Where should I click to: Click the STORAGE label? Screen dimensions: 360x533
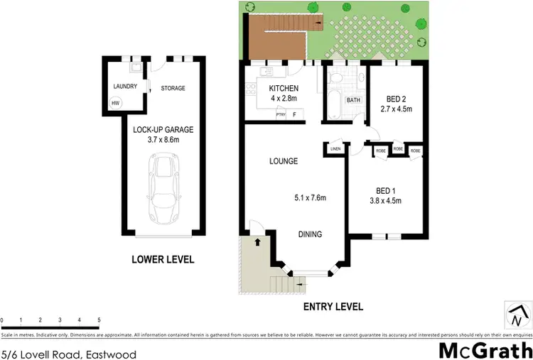[x=173, y=88]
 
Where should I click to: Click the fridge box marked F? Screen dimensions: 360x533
[x=294, y=114]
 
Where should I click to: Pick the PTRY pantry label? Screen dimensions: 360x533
[x=281, y=114]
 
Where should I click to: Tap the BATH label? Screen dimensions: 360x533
[x=353, y=100]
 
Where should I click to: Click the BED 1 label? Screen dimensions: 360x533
[x=387, y=190]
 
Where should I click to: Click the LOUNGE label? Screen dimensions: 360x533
[x=283, y=161]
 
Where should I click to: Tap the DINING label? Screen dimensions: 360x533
[x=310, y=234]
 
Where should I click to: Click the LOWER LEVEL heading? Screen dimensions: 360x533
[x=163, y=260]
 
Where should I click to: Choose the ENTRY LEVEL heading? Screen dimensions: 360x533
[x=333, y=307]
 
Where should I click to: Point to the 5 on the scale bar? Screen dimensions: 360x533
[x=98, y=320]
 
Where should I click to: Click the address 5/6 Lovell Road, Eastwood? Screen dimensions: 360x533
[x=68, y=353]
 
